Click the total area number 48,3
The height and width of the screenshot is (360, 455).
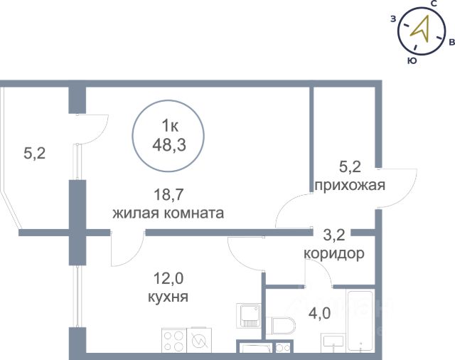pyautogui.click(x=169, y=144)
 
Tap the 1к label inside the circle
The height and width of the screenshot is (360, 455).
pyautogui.click(x=170, y=126)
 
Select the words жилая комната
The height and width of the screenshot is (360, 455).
pyautogui.click(x=168, y=213)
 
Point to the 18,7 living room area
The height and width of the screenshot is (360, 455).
pyautogui.click(x=168, y=194)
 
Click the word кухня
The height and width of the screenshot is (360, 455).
pyautogui.click(x=168, y=297)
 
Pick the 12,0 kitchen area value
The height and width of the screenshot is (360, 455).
pyautogui.click(x=168, y=278)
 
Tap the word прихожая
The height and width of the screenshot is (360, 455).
pyautogui.click(x=350, y=185)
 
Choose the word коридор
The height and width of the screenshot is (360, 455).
pyautogui.click(x=334, y=254)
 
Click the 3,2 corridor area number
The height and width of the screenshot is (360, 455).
pyautogui.click(x=334, y=235)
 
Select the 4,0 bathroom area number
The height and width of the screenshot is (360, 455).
pyautogui.click(x=320, y=313)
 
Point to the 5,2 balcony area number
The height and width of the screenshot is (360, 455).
pyautogui.click(x=35, y=153)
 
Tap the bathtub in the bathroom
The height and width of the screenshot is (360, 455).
pyautogui.click(x=360, y=320)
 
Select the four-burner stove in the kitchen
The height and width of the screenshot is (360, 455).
pyautogui.click(x=174, y=341)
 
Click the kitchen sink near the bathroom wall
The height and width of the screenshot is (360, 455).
pyautogui.click(x=248, y=316)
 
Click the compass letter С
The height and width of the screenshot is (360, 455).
pyautogui.click(x=434, y=4)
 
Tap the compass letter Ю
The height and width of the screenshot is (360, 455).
pyautogui.click(x=412, y=60)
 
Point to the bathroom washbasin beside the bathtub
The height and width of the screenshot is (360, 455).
pyautogui.click(x=333, y=343)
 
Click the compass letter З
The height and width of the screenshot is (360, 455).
pyautogui.click(x=393, y=19)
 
